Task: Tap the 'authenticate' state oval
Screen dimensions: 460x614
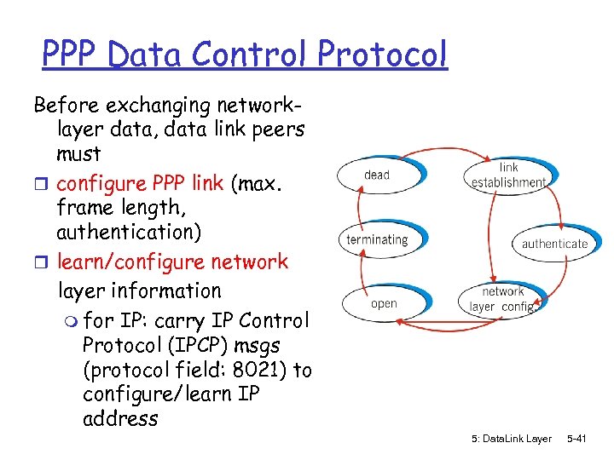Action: (554, 244)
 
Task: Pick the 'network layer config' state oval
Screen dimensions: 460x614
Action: (502, 299)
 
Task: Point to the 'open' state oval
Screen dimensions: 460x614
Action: (384, 303)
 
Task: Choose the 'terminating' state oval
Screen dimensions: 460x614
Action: (377, 239)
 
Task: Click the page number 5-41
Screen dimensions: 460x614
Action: (576, 439)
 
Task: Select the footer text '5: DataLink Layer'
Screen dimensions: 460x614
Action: (511, 439)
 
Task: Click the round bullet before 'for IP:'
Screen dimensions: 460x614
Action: (70, 322)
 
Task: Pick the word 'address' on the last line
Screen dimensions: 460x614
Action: (120, 418)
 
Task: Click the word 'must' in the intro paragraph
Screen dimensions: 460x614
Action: (78, 154)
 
